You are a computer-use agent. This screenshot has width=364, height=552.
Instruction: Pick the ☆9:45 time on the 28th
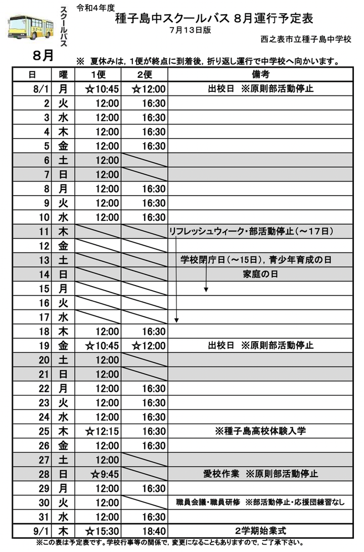(104, 474)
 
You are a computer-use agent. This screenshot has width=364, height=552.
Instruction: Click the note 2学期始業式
(260, 531)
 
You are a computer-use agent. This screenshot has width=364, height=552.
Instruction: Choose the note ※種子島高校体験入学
(260, 431)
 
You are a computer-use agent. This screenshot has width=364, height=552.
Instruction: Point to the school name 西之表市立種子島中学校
(306, 39)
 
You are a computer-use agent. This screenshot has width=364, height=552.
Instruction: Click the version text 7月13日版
(191, 30)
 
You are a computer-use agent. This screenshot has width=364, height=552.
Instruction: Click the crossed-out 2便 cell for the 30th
(146, 503)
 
